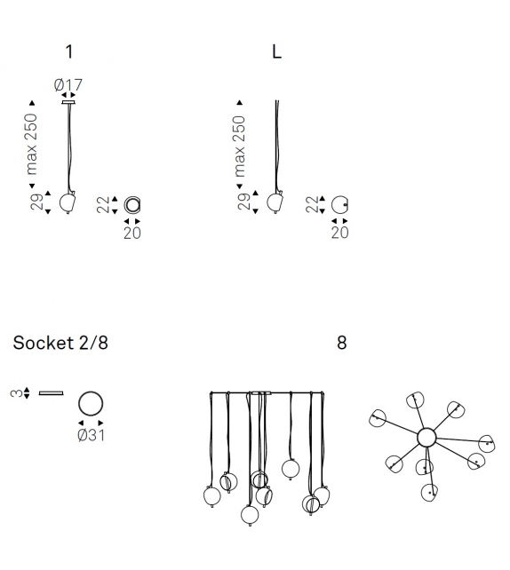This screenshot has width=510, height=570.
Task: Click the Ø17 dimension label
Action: [x=68, y=85]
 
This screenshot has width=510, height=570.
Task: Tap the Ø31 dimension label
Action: [x=92, y=435]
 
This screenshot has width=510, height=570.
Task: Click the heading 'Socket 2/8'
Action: [x=60, y=343]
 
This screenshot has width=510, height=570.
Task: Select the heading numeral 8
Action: [x=341, y=343]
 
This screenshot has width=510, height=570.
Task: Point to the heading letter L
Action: [x=276, y=52]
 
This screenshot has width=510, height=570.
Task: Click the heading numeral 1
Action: [x=69, y=52]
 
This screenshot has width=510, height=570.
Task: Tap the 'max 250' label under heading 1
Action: [x=32, y=144]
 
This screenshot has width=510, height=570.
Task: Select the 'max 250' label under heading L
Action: [x=239, y=146]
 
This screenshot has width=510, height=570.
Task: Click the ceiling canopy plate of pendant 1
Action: [x=68, y=102]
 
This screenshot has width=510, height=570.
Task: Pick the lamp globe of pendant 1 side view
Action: [x=68, y=202]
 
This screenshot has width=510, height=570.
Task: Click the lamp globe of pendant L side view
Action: [x=275, y=202]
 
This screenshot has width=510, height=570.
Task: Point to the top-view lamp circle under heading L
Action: [x=331, y=205]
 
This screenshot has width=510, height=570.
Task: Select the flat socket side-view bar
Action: [x=52, y=393]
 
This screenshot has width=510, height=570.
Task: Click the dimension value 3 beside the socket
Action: [x=16, y=393]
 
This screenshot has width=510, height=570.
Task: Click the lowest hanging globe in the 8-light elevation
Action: [x=250, y=515]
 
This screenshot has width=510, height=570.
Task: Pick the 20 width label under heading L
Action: [x=339, y=233]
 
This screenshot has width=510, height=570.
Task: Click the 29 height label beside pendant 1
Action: [x=36, y=202]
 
